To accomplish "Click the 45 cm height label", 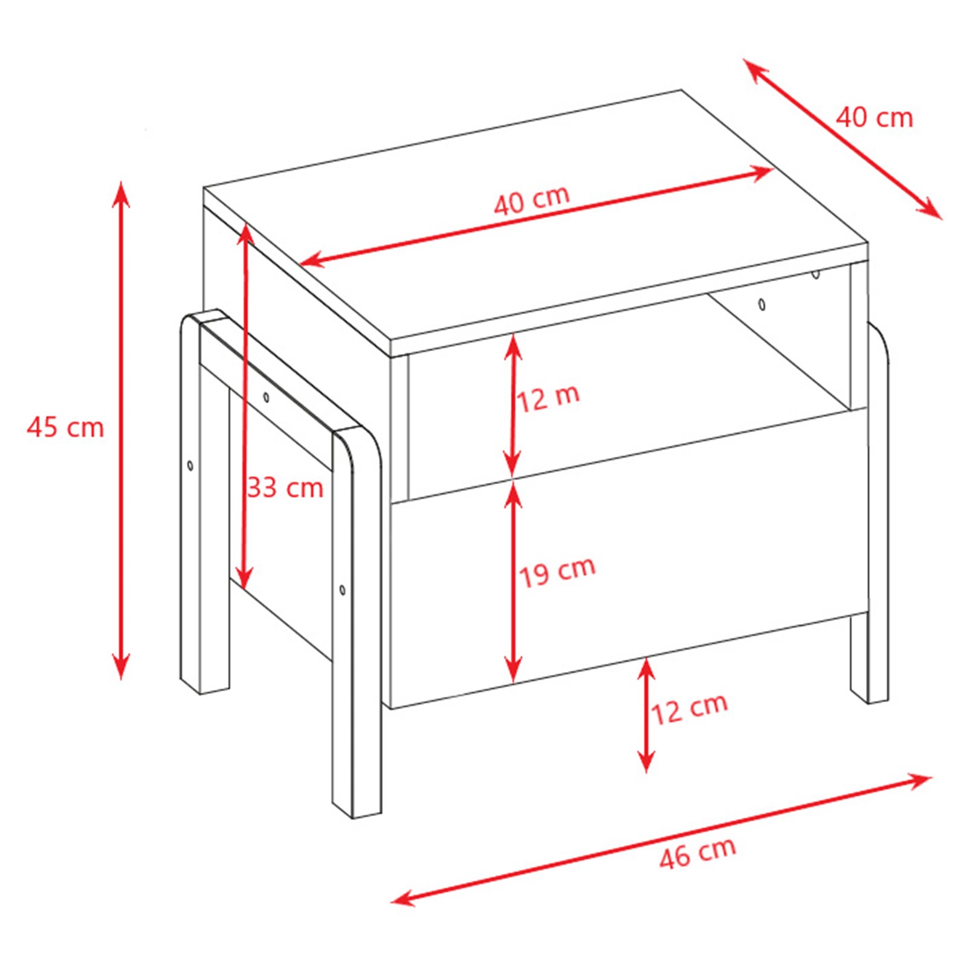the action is [x=65, y=427].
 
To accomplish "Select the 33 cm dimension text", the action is [x=286, y=487].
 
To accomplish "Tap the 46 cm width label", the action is [x=698, y=853].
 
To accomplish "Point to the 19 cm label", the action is [x=557, y=571].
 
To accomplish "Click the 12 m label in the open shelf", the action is [x=548, y=398].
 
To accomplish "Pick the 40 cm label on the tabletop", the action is [x=532, y=199].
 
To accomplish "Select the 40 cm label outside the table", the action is [x=874, y=117].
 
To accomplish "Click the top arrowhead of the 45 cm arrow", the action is [x=121, y=192].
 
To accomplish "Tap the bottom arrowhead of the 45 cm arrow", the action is [x=121, y=667].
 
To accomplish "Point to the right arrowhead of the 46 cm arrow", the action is [x=918, y=780].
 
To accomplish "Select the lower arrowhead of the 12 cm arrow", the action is [x=647, y=760].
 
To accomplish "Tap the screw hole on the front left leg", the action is [x=343, y=589].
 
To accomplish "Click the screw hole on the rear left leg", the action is [x=190, y=465].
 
